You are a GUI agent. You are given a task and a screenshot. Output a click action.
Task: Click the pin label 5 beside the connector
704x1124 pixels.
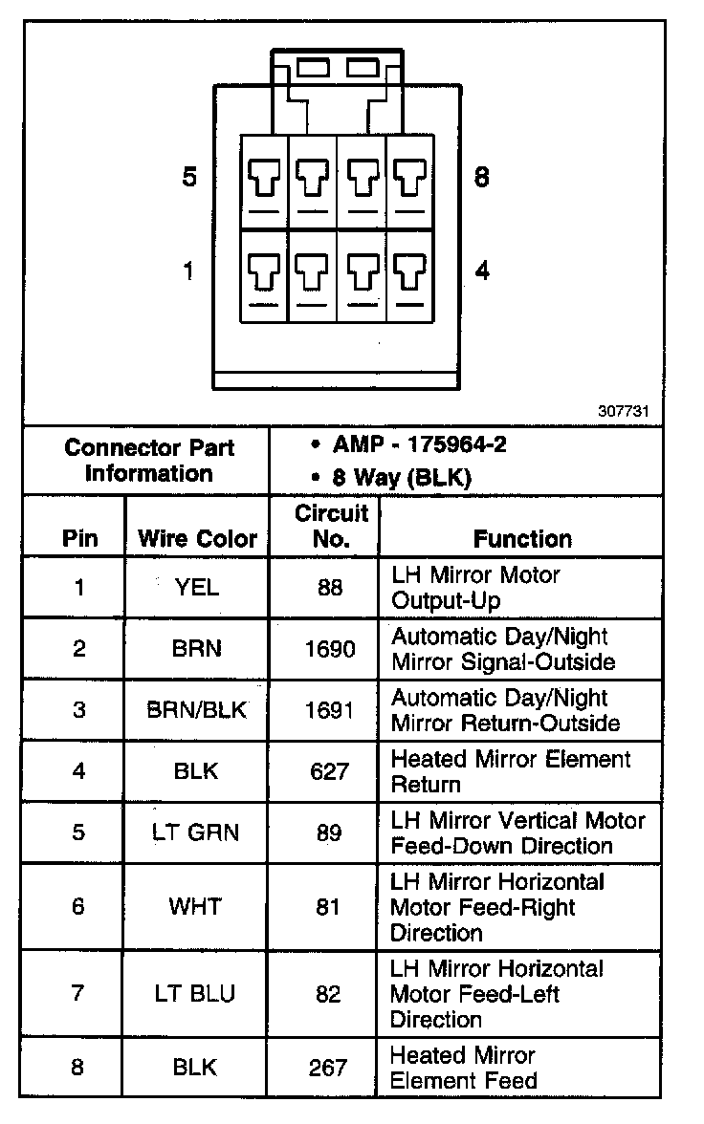(189, 178)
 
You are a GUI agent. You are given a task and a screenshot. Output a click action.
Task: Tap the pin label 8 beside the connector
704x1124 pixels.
(482, 178)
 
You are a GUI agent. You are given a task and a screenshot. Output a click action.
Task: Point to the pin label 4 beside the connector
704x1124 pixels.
(482, 271)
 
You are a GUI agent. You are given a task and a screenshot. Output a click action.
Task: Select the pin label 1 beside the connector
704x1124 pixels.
(189, 271)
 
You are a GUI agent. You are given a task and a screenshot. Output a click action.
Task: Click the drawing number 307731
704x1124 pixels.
(625, 412)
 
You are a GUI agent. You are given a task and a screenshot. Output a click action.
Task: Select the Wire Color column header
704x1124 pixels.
(197, 538)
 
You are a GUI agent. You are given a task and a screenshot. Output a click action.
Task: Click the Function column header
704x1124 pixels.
(522, 538)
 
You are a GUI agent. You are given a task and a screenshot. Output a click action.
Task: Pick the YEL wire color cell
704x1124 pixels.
(197, 587)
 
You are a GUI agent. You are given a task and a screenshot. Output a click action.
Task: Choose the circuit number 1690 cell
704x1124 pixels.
(329, 649)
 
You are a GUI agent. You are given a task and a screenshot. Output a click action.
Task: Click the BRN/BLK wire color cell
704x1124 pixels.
(197, 710)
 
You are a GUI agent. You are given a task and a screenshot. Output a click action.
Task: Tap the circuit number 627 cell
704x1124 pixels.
(329, 771)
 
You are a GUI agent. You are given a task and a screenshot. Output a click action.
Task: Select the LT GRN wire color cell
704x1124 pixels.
(197, 832)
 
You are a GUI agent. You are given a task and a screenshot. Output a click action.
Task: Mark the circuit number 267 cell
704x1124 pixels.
(329, 1068)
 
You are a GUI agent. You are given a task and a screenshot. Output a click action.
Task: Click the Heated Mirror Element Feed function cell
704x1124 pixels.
(464, 1068)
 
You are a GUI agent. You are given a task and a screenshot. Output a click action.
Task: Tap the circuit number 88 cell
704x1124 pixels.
(329, 587)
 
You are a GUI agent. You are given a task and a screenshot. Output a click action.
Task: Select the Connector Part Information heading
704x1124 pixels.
(148, 460)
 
